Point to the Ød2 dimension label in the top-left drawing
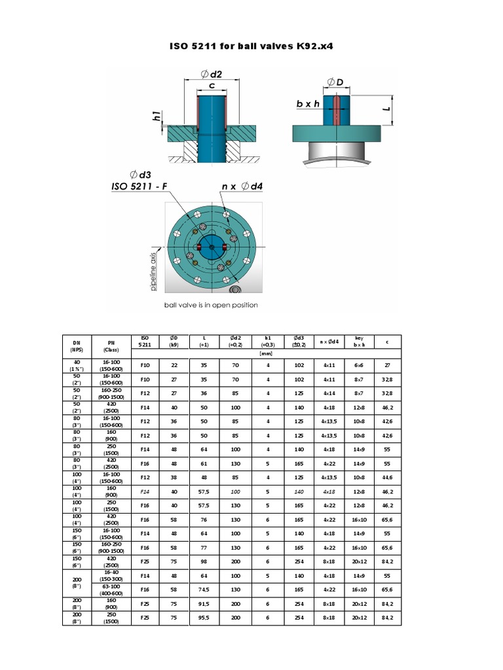tap(210, 74)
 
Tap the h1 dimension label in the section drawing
tap(157, 117)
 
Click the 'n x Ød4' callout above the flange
tap(242, 186)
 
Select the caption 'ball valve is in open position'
tap(210, 305)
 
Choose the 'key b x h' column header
tap(358, 341)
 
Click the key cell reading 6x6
tap(358, 364)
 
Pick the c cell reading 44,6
tap(386, 477)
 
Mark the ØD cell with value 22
tap(174, 364)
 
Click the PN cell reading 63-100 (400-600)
tap(109, 589)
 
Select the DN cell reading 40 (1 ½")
tap(77, 364)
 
